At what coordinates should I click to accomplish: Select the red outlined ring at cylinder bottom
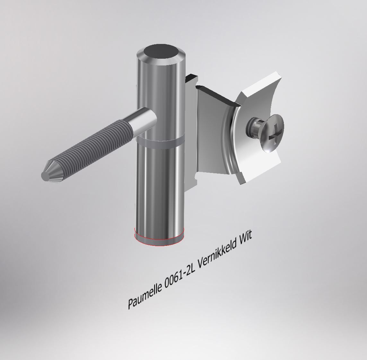pyautogui.click(x=159, y=240)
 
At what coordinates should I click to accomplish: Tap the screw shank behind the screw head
pyautogui.click(x=252, y=126)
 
